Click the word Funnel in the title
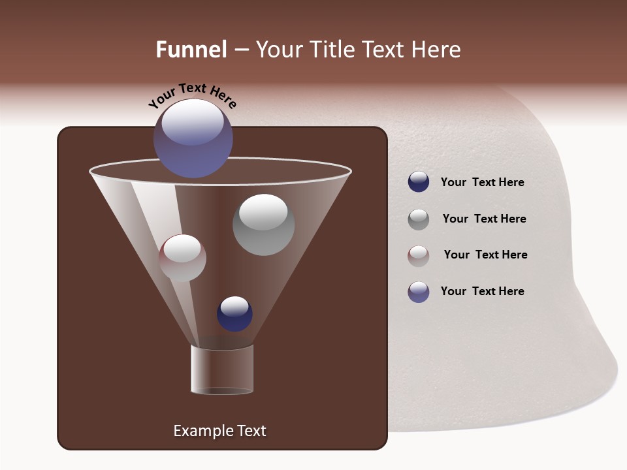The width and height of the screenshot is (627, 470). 191,50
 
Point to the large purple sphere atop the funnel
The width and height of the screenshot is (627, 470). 193,138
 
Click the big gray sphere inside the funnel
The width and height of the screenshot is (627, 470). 263,225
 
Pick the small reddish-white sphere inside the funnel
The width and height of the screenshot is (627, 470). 182,258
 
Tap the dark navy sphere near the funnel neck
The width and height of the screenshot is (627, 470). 234,313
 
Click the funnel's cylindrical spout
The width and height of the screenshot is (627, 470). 222,369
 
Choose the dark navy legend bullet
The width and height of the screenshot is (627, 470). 418,181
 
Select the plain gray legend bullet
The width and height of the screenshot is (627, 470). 418,219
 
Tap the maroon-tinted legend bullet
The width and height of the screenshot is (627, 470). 418,255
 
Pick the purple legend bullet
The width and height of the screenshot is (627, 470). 418,292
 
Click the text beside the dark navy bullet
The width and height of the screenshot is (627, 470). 482,182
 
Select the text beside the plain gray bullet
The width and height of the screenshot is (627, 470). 484,219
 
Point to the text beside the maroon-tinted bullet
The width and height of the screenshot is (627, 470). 485,255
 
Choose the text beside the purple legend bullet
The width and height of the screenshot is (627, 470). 482,291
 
